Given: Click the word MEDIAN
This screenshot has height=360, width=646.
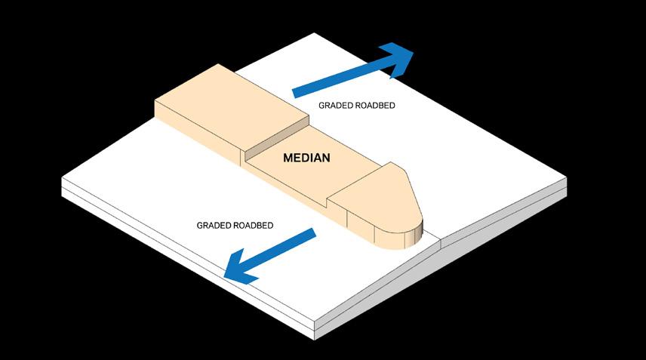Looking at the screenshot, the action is click(x=307, y=158).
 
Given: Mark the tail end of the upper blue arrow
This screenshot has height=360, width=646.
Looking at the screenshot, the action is click(x=296, y=91).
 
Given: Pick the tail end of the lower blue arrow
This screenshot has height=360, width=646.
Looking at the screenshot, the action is click(x=312, y=234).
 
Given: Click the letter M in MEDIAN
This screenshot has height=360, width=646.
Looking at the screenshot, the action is click(x=288, y=158).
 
